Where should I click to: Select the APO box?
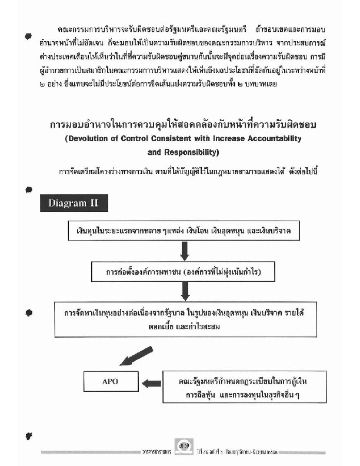[x=110, y=382]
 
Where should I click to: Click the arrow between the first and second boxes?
[x=184, y=251]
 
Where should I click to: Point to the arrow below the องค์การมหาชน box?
[x=184, y=291]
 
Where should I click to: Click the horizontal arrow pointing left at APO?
[x=152, y=383]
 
